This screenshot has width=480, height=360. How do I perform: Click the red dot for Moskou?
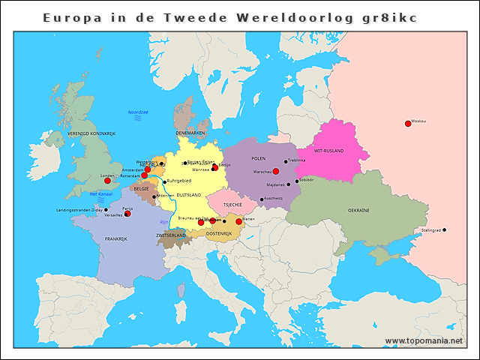(408, 124)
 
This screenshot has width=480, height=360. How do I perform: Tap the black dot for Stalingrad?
(444, 229)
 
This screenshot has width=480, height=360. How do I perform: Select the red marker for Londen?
(107, 181)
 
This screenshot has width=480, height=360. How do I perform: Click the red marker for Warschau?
(276, 172)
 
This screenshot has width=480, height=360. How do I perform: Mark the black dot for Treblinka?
(285, 160)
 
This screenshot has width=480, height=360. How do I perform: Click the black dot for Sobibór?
(297, 181)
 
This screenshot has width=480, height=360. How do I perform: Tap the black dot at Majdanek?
(288, 184)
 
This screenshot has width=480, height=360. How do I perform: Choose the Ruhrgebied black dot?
(164, 181)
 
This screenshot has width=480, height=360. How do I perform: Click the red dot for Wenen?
(239, 221)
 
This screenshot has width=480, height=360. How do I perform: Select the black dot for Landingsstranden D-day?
(106, 210)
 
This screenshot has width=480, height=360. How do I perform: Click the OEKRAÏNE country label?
(358, 211)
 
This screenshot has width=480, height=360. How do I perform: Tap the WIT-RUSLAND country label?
(328, 151)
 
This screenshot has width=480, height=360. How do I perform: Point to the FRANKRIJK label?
(116, 238)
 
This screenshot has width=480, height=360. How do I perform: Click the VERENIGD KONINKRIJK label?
(91, 133)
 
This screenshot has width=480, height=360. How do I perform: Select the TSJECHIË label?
(232, 204)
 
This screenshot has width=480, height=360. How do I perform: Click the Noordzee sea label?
(138, 112)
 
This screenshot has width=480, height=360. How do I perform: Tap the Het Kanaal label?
(100, 193)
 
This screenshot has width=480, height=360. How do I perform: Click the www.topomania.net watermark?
(424, 340)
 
